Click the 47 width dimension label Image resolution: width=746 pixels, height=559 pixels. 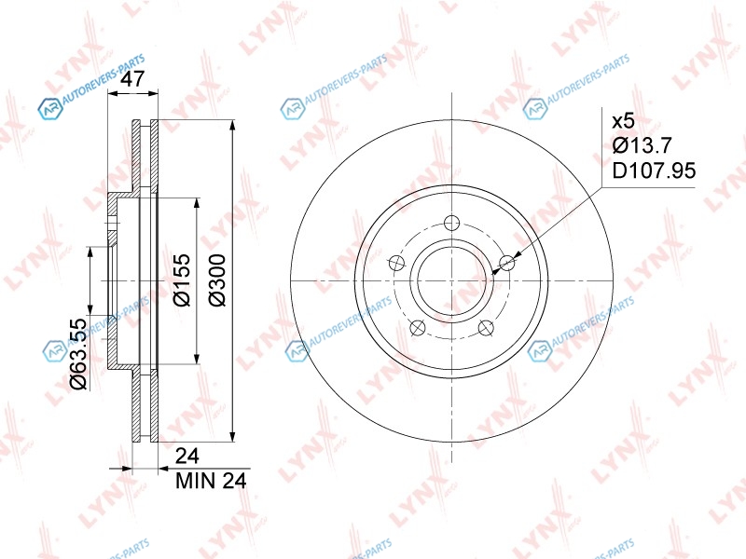pyautogui.click(x=132, y=79)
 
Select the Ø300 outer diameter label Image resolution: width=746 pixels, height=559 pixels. pyautogui.click(x=218, y=280)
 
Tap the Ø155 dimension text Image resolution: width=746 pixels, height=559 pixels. pyautogui.click(x=181, y=280)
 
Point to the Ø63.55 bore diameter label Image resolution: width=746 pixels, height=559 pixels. pyautogui.click(x=78, y=354)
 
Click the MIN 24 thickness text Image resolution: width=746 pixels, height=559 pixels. pyautogui.click(x=211, y=481)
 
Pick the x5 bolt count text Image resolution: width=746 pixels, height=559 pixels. pyautogui.click(x=623, y=121)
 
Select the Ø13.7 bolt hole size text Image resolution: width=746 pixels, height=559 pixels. pyautogui.click(x=642, y=145)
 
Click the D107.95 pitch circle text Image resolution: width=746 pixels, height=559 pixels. pyautogui.click(x=654, y=170)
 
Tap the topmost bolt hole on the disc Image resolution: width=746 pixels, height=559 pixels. pyautogui.click(x=451, y=223)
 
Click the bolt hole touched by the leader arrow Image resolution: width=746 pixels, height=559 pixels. pyautogui.click(x=507, y=262)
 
